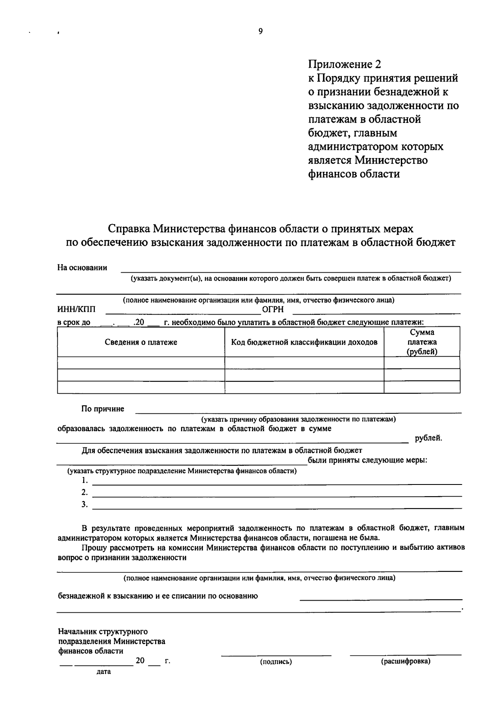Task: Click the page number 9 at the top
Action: coord(260,31)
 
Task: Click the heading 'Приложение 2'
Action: coord(344,64)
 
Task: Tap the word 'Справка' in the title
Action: coord(129,229)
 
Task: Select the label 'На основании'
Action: coord(82,268)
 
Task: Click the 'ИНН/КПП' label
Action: coord(76,309)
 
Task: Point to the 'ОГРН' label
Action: coord(273,309)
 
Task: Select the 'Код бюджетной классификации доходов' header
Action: coord(304,342)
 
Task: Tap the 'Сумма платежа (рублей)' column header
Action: coord(422,342)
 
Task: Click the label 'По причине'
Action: coord(103,409)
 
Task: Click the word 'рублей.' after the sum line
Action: coord(428,438)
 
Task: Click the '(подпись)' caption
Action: coord(276,662)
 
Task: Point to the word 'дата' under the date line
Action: coord(104,672)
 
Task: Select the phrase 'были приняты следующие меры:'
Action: coord(368,460)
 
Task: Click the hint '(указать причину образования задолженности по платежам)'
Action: coord(298,419)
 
